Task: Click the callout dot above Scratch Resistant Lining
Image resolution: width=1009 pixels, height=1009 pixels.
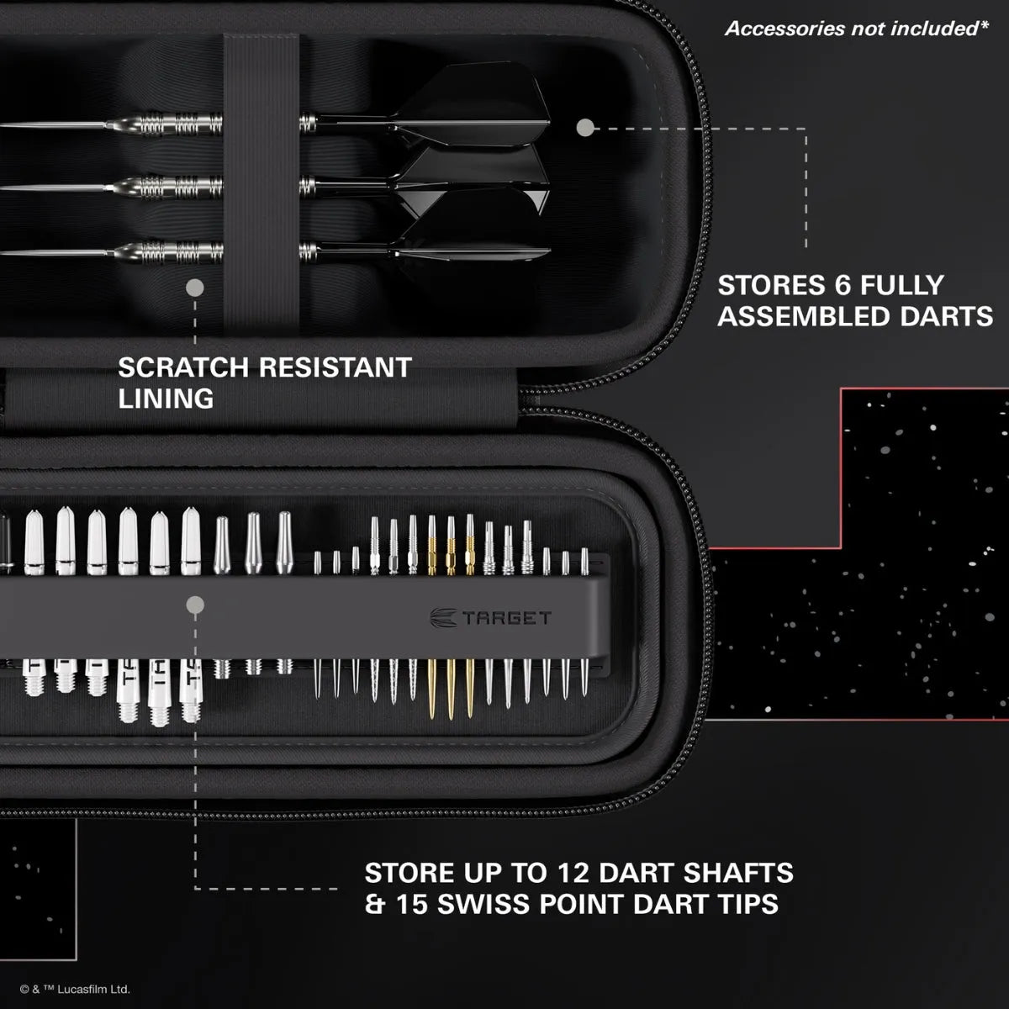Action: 195,288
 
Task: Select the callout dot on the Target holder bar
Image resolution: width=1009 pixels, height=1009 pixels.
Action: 195,604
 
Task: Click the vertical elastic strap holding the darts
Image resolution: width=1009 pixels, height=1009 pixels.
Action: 261,185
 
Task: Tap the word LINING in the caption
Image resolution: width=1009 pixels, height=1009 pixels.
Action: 166,399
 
